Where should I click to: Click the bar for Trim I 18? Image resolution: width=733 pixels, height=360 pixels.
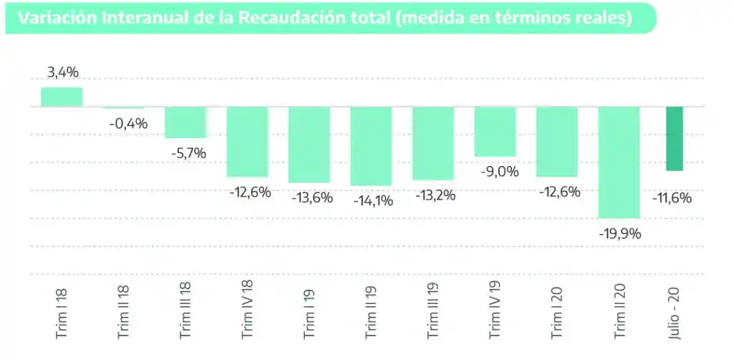click(62, 97)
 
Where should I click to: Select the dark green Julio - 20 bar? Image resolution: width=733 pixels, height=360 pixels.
click(674, 138)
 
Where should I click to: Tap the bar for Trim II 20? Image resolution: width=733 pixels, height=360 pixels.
click(618, 162)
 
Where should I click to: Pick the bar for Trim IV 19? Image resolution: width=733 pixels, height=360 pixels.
click(495, 131)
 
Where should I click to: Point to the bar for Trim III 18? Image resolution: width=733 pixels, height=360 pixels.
click(185, 122)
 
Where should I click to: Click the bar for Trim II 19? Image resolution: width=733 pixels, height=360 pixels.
click(371, 145)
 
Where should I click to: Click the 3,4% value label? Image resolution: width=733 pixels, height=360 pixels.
click(62, 72)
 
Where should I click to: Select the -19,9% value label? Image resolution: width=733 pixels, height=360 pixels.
click(620, 233)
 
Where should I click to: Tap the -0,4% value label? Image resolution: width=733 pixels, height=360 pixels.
click(128, 124)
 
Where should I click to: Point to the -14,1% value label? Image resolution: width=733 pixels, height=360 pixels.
click(373, 201)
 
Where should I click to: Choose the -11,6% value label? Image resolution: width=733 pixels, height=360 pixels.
click(672, 198)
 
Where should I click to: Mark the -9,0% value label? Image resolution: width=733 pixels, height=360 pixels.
click(495, 172)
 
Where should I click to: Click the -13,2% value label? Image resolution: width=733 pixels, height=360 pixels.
click(434, 195)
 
